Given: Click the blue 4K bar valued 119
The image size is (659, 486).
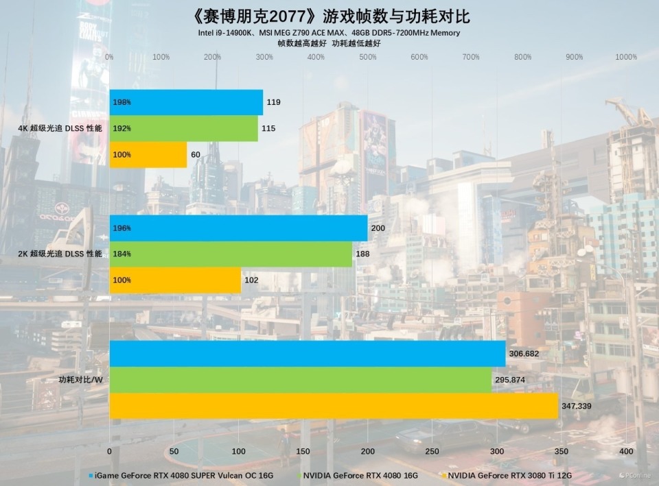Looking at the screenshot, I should tap(186, 102).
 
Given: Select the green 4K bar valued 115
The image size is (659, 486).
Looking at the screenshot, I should tap(183, 128).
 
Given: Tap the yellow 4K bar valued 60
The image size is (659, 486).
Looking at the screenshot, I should tap(148, 155).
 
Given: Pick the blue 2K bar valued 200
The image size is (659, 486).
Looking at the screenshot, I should tap(238, 228).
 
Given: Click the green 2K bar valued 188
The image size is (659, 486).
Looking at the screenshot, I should tap(231, 254).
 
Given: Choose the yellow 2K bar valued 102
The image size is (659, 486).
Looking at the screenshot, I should tap(175, 280).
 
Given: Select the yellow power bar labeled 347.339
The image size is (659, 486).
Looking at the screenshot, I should tap(334, 406).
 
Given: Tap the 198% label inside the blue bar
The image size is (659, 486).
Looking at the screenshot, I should tap(122, 103).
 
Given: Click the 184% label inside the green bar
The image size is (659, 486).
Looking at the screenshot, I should tap(122, 254).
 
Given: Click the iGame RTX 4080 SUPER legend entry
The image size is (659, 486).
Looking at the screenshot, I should tap(184, 474).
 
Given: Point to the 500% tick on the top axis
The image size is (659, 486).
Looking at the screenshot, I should tap(367, 57).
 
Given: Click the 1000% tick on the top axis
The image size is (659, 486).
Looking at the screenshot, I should tap(626, 57).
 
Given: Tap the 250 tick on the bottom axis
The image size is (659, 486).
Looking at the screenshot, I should tap(432, 452).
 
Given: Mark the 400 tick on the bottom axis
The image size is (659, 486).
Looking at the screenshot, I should tap(626, 452).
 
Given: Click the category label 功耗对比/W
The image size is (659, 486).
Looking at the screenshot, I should tap(81, 380).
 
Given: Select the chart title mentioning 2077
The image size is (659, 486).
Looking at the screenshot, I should tap(329, 15).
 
